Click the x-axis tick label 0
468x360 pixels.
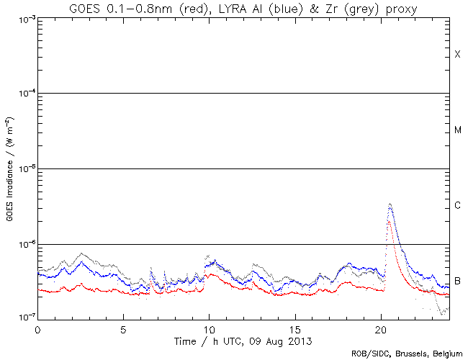[x=37, y=328]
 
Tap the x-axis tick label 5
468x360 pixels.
[x=123, y=328]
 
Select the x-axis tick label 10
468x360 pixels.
[x=209, y=328]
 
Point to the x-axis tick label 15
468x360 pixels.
[x=294, y=328]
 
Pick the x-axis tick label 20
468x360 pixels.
[x=380, y=328]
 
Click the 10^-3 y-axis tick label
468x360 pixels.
[x=24, y=19]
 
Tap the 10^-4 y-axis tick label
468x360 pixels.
[x=24, y=94]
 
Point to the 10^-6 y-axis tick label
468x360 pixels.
[x=24, y=244]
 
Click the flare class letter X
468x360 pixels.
[x=457, y=55]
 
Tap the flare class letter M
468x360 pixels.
[x=457, y=130]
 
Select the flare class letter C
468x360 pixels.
[x=457, y=206]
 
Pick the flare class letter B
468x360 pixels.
[x=457, y=281]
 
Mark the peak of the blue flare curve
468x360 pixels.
[x=390, y=204]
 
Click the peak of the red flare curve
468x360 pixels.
[x=389, y=222]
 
